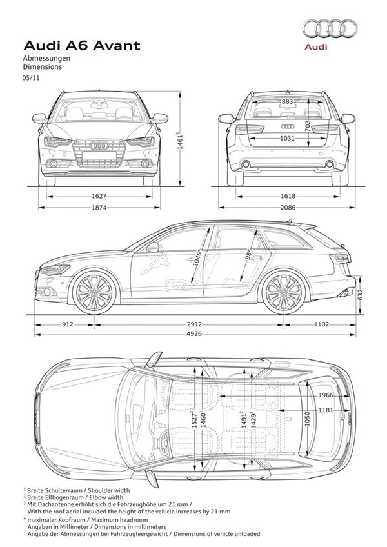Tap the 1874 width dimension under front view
coord(99,207)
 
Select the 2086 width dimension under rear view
coord(288,207)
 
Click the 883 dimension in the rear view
coord(288,102)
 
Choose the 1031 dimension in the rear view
coord(288,138)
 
